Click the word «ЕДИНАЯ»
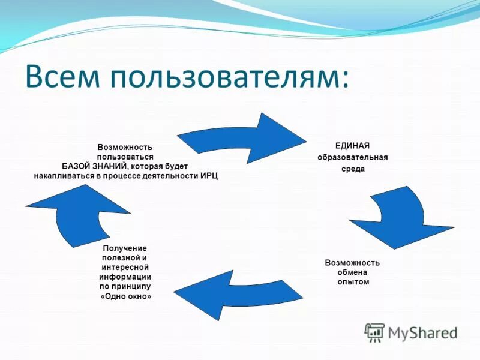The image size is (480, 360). click(x=352, y=146)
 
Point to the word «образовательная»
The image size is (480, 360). click(x=353, y=157)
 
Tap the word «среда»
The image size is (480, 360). click(x=353, y=169)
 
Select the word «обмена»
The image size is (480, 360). click(x=352, y=272)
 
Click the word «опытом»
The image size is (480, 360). click(x=353, y=281)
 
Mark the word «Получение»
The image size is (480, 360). click(x=125, y=248)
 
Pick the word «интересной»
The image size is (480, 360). click(x=125, y=267)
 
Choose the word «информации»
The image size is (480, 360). click(x=125, y=277)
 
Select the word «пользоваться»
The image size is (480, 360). click(x=125, y=157)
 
